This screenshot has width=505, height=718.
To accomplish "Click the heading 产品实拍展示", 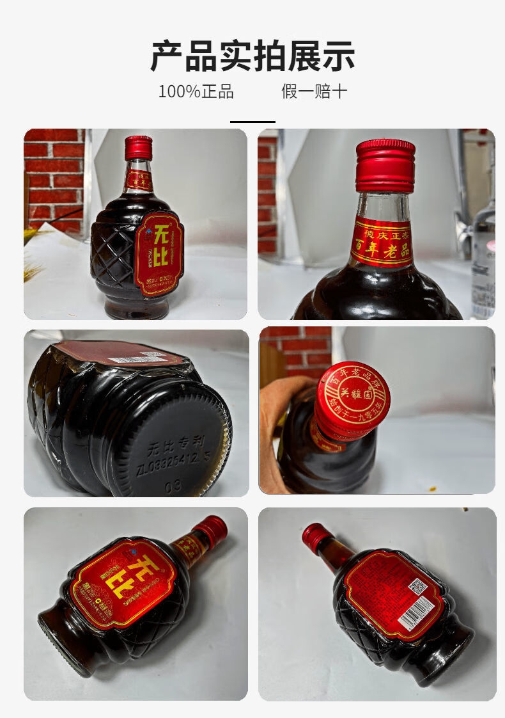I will click(252, 56).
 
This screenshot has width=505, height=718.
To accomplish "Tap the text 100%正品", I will click(196, 92).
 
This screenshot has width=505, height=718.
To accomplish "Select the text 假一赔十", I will click(314, 92).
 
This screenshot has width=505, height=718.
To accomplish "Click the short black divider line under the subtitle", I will click(252, 121).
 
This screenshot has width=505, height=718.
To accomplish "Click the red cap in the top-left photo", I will click(138, 148).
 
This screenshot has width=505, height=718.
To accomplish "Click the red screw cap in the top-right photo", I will click(385, 166).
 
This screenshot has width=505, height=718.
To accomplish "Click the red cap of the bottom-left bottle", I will click(211, 530).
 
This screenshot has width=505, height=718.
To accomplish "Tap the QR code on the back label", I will click(417, 587).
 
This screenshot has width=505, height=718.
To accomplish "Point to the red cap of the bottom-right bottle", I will click(315, 536).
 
